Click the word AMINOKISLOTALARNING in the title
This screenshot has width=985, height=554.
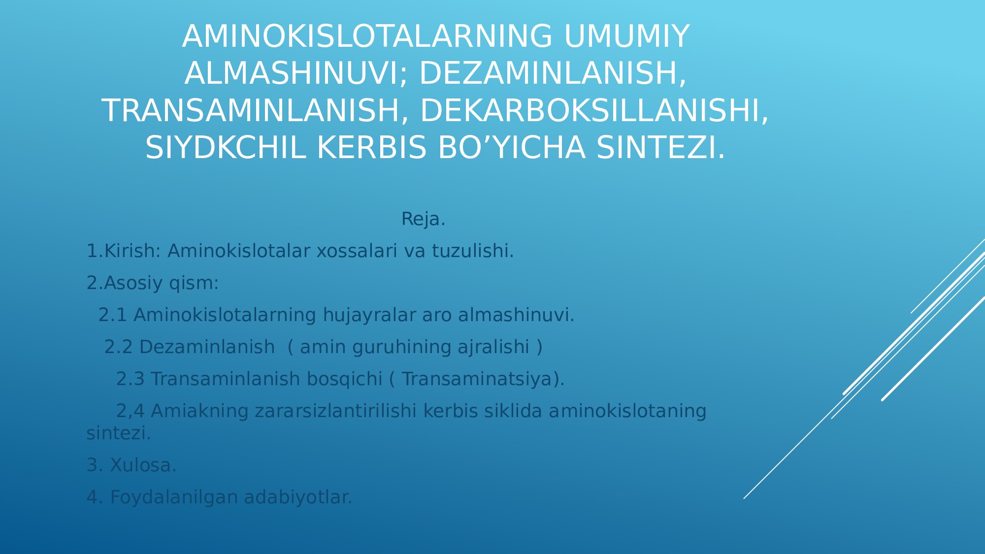click(x=367, y=36)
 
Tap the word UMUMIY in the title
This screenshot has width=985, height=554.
click(x=626, y=36)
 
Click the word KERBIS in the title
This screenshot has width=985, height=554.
click(x=371, y=148)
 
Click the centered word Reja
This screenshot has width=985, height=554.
click(x=423, y=219)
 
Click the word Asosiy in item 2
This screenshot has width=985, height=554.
click(x=133, y=283)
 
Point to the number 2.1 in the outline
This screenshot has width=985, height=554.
click(x=113, y=315)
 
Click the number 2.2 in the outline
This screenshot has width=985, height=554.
click(x=119, y=347)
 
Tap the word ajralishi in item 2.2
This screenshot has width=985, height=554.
click(x=493, y=347)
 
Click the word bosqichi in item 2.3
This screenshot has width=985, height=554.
click(x=344, y=379)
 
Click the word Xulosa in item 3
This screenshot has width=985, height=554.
click(x=143, y=465)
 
